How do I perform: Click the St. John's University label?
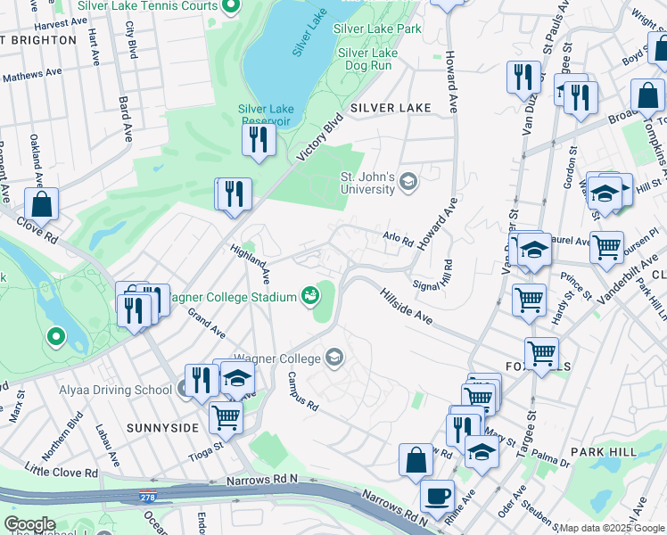[x=367, y=183]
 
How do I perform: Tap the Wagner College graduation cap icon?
[x=334, y=358]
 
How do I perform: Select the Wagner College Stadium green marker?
[x=311, y=294]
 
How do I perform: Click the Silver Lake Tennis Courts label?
[x=146, y=5]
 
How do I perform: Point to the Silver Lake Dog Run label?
[x=378, y=59]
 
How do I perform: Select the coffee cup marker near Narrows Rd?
[x=436, y=494]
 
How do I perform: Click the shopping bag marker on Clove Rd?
[x=41, y=204]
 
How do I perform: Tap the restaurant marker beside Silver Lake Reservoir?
[x=259, y=139]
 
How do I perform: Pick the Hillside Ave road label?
[x=406, y=306]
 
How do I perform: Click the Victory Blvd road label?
[x=320, y=137]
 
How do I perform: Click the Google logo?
[x=30, y=524]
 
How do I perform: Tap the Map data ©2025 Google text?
[x=612, y=528]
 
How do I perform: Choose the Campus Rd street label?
[x=303, y=392]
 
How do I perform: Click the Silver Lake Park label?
[x=377, y=29]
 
